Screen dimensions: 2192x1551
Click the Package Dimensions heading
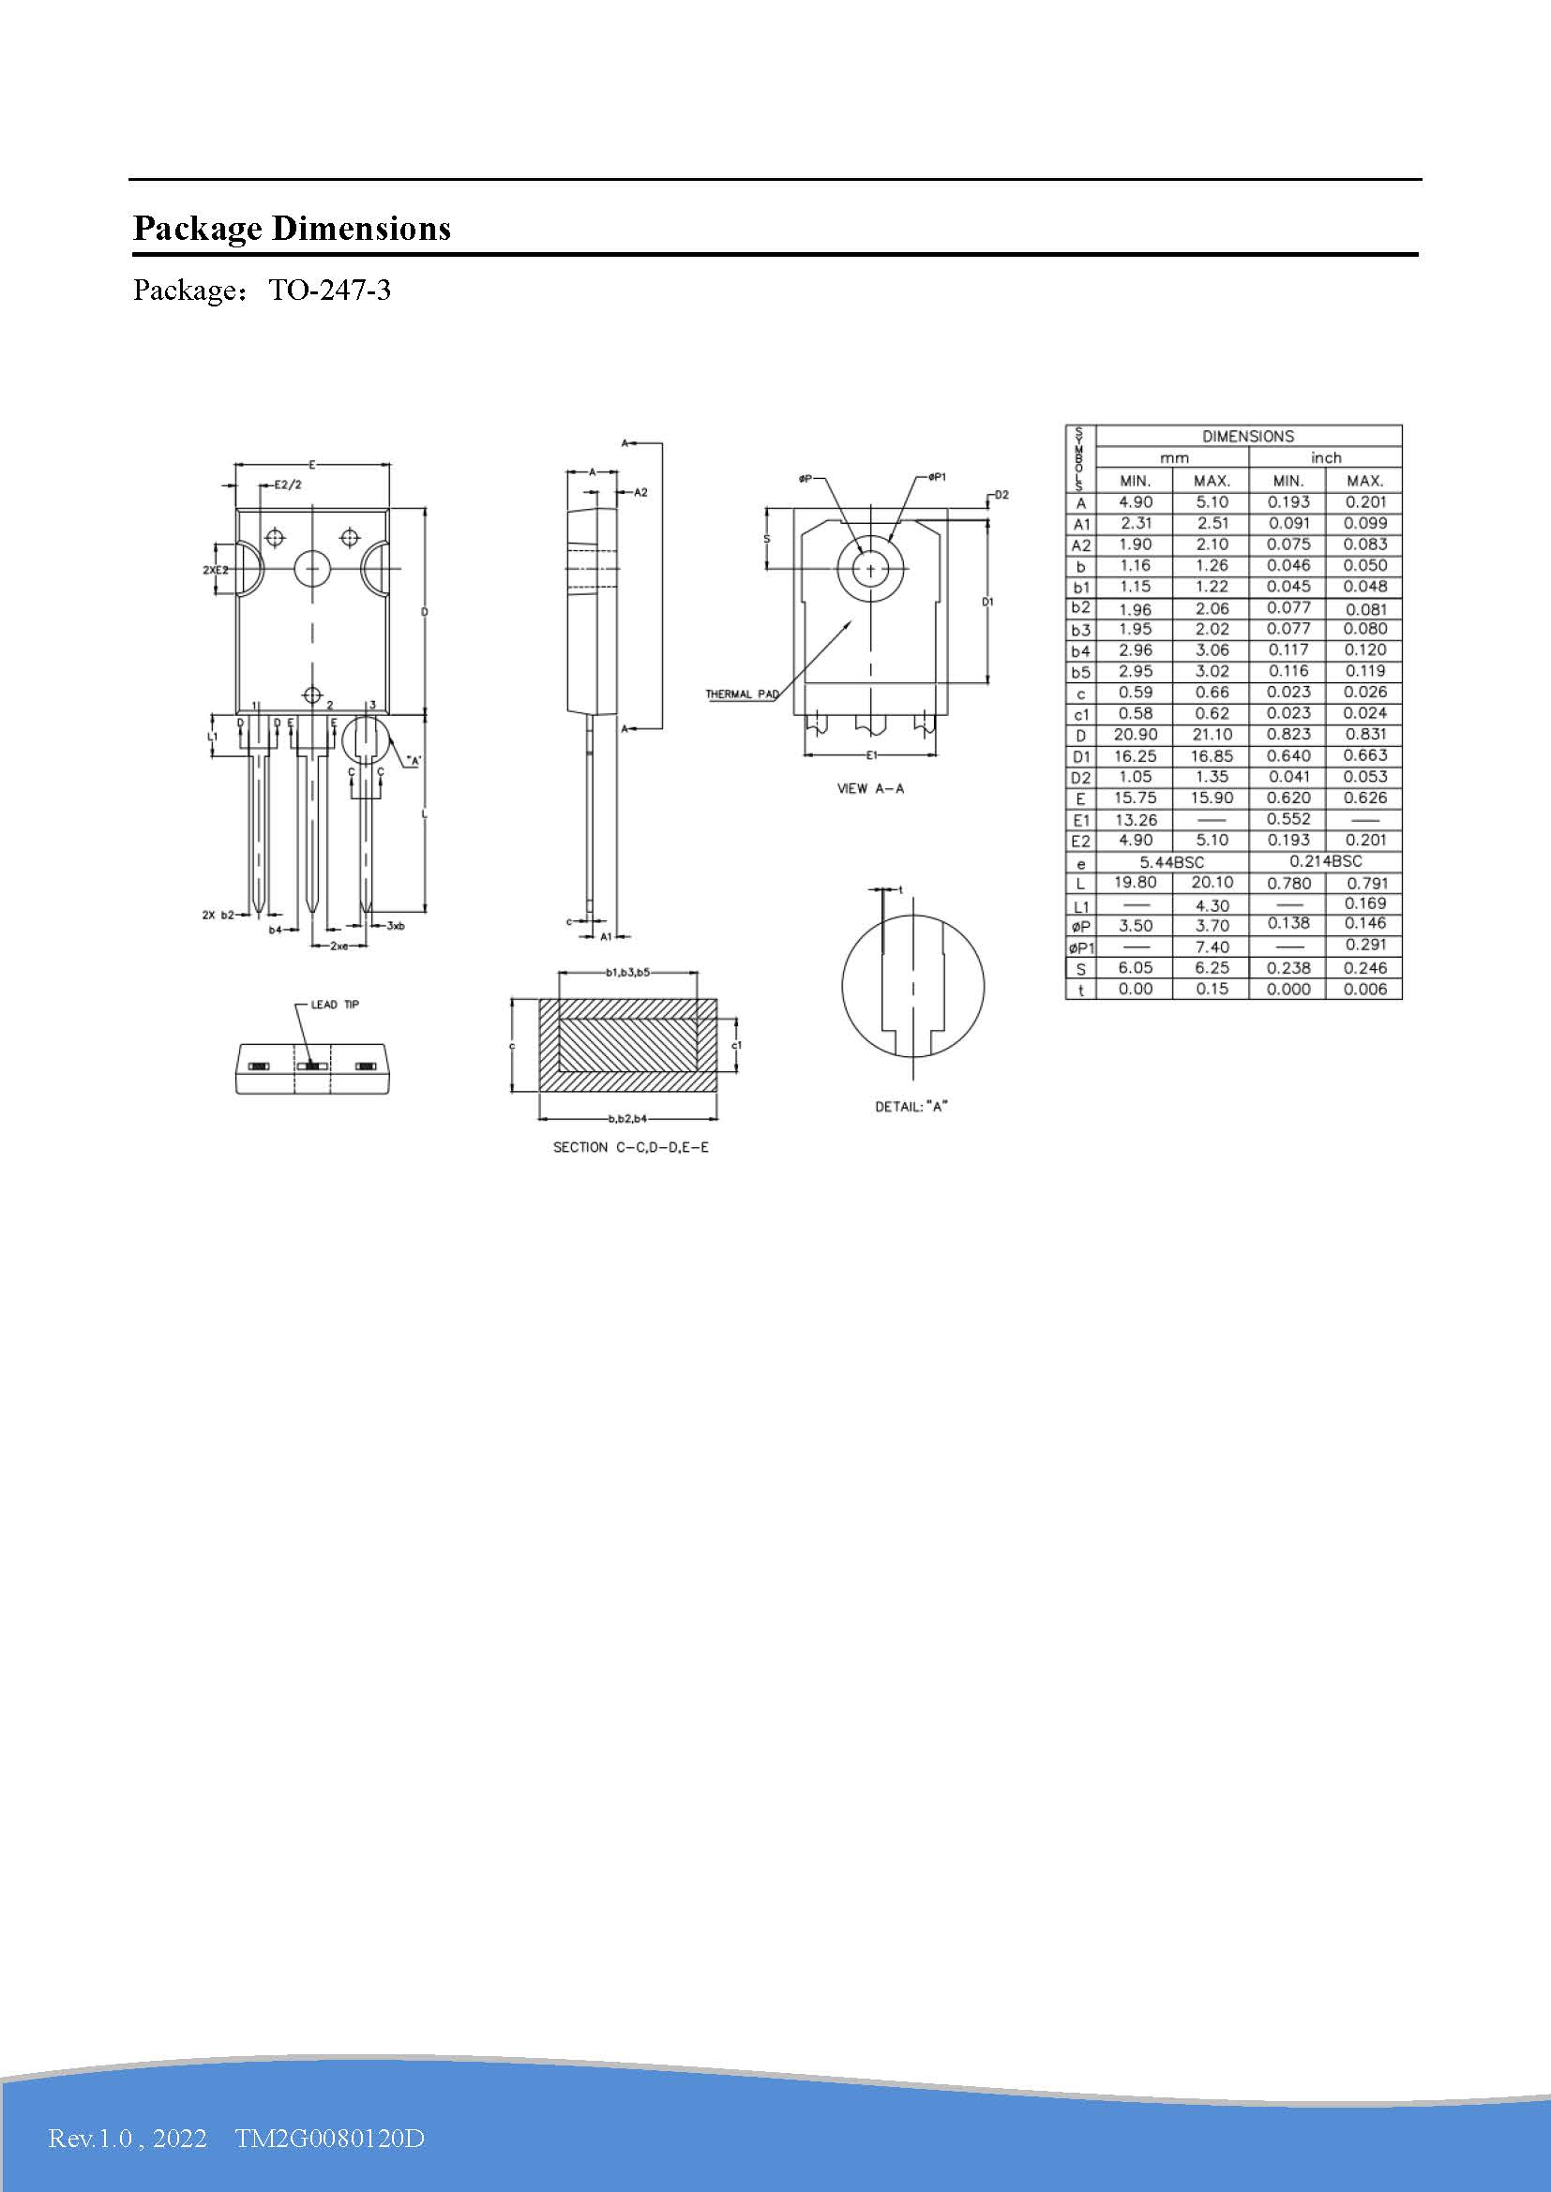(x=292, y=228)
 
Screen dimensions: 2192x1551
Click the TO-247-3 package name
(x=329, y=291)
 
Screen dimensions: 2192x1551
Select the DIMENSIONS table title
(x=1247, y=437)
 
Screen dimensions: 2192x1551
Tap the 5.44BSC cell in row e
(x=1172, y=862)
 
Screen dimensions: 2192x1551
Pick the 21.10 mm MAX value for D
(x=1211, y=734)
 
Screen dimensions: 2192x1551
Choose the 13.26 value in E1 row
(x=1135, y=820)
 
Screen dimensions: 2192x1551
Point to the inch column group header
(x=1325, y=458)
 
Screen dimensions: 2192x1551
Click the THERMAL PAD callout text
(x=741, y=694)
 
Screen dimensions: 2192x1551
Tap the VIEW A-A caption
(x=870, y=788)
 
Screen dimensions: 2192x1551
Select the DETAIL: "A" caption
(x=911, y=1107)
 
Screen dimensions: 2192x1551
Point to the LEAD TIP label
(x=334, y=1005)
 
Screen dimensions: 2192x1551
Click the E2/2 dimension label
(x=288, y=485)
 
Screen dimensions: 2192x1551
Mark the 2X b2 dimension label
(x=218, y=915)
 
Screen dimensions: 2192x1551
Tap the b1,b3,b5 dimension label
(x=627, y=973)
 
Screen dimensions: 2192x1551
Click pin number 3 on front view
(x=372, y=706)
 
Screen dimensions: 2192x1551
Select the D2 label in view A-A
(x=1001, y=495)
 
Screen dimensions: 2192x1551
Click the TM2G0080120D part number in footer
(x=329, y=2138)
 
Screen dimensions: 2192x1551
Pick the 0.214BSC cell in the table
(x=1325, y=862)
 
